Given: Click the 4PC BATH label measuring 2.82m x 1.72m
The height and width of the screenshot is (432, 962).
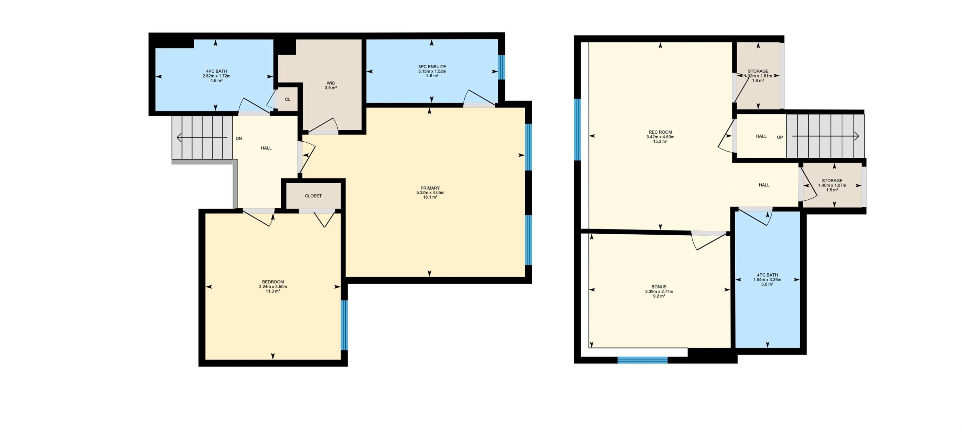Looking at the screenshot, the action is (x=216, y=71).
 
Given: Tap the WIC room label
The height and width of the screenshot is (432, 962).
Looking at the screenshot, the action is (x=331, y=83).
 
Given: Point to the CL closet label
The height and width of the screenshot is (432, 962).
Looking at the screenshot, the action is (x=288, y=99).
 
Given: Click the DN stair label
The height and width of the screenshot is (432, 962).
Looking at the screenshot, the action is (x=239, y=138).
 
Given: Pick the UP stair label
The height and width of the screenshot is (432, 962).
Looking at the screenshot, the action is (x=780, y=137).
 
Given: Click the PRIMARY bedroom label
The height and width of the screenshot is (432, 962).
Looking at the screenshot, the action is (x=430, y=188).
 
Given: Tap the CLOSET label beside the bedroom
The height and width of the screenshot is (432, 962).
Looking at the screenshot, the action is (x=313, y=196).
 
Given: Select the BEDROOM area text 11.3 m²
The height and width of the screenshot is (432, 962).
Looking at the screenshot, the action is (x=273, y=291).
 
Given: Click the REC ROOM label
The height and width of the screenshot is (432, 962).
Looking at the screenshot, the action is (x=660, y=132).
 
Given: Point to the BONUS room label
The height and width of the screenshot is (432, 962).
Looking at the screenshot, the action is (x=659, y=287).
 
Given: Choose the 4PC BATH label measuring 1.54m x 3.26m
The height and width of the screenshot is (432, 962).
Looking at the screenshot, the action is (x=767, y=275).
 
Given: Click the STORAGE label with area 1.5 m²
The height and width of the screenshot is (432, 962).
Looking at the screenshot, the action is (x=832, y=181).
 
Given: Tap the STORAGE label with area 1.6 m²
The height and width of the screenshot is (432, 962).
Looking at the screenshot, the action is (x=758, y=71).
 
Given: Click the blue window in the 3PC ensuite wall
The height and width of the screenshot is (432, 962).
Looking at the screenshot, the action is (x=502, y=67).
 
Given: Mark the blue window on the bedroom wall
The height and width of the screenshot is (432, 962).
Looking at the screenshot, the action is (x=344, y=325).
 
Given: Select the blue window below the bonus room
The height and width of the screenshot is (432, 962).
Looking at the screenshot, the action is (x=642, y=360).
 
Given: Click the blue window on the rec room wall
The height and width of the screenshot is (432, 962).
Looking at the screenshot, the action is (x=577, y=129).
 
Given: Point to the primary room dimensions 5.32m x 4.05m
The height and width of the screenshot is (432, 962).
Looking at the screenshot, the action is (x=430, y=193).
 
